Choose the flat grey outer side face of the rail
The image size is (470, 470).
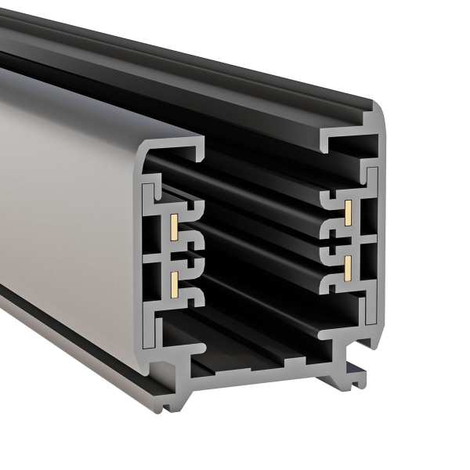pyautogui.click(x=63, y=196)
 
